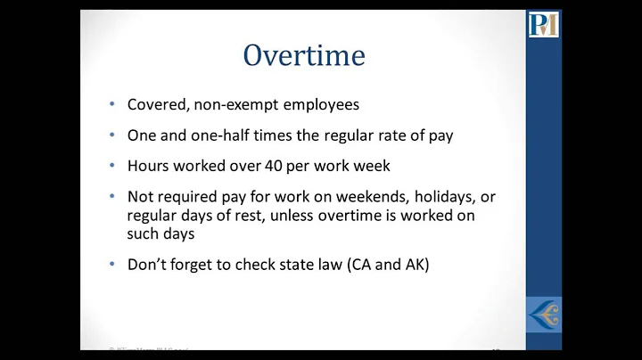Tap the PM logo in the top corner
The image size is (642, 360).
click(543, 24)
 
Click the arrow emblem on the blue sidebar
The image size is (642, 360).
click(543, 315)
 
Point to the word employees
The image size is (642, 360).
click(317, 104)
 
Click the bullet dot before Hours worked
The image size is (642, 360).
click(111, 165)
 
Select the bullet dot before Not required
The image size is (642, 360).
click(111, 196)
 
